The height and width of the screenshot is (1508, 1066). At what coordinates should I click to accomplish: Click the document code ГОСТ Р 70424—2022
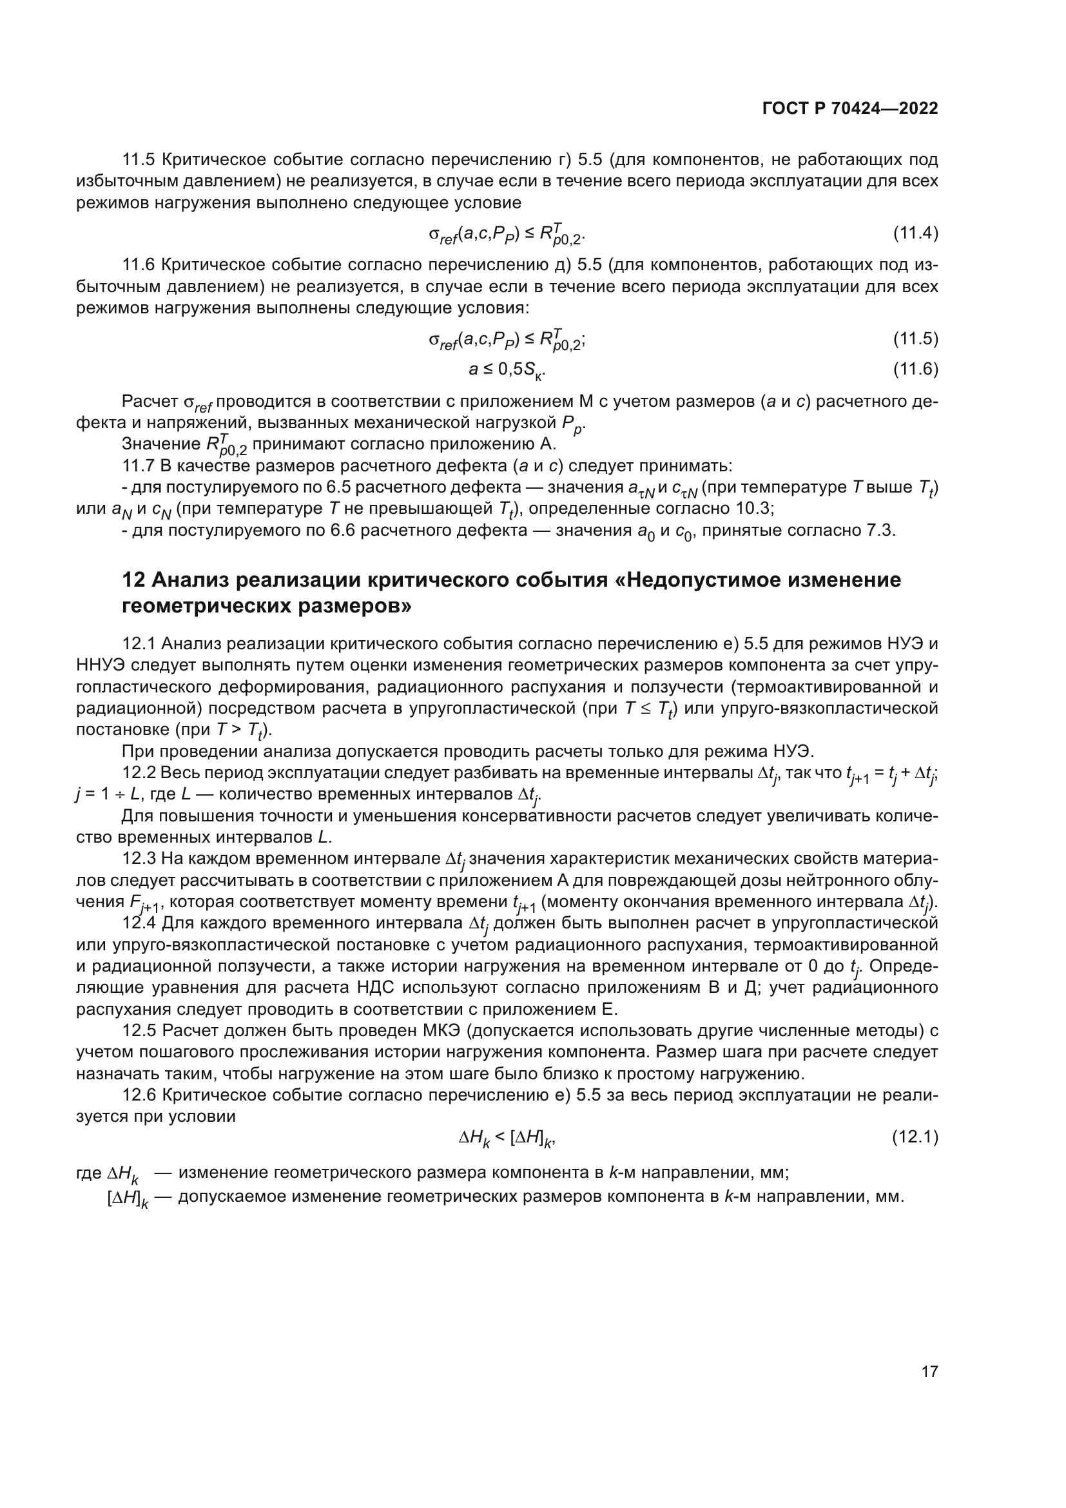coord(850,108)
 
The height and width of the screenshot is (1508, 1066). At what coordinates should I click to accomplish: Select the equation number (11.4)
coord(915,233)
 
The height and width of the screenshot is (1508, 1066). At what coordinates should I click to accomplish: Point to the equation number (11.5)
coord(915,339)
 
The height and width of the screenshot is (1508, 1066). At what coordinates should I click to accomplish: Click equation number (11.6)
coord(915,369)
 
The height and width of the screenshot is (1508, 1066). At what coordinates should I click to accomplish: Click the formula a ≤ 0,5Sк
coord(507,371)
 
